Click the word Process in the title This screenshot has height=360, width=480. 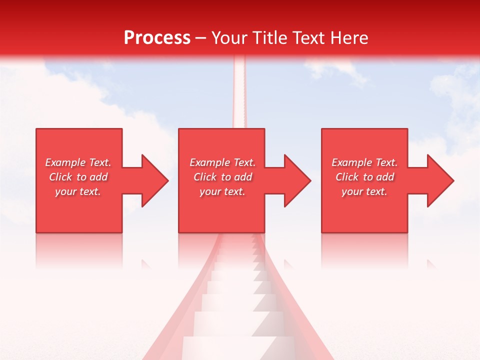coord(157,38)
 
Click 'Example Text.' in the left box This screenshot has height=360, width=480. coord(78,162)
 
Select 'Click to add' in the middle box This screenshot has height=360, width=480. coord(222,177)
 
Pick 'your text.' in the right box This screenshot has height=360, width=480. coord(364,191)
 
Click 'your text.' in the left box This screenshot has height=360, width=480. coord(78,191)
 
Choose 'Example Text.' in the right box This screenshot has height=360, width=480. coord(364,162)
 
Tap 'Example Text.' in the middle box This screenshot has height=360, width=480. coord(222,162)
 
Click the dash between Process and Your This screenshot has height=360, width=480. coord(201,38)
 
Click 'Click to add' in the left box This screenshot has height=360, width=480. coord(78,177)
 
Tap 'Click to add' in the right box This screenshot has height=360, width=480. coord(364,177)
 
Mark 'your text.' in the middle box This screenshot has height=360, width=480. coord(222,191)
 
